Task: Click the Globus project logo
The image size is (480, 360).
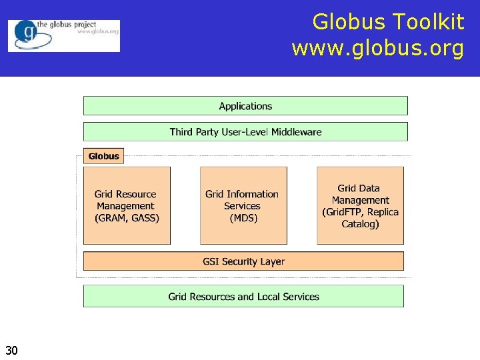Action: [x=64, y=35]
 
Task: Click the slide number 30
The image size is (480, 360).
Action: [x=11, y=350]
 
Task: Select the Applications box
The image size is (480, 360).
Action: [x=245, y=106]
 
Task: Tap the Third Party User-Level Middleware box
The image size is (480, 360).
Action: [x=245, y=132]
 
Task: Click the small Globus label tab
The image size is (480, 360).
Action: [x=103, y=156]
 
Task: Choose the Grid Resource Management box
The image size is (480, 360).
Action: [x=127, y=205]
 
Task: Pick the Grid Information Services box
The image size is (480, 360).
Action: [x=243, y=205]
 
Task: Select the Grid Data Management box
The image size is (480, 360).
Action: [x=360, y=205]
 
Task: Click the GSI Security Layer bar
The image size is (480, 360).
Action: [x=243, y=261]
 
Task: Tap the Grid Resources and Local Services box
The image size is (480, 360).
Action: [x=243, y=297]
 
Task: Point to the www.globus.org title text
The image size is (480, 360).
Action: [x=377, y=49]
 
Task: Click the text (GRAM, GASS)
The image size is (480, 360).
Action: [x=127, y=218]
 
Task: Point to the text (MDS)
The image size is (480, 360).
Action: [x=243, y=218]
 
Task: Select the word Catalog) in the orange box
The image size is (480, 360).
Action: [x=360, y=224]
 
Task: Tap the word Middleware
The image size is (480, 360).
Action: [x=294, y=132]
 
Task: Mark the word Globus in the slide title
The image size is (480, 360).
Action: [x=349, y=22]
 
